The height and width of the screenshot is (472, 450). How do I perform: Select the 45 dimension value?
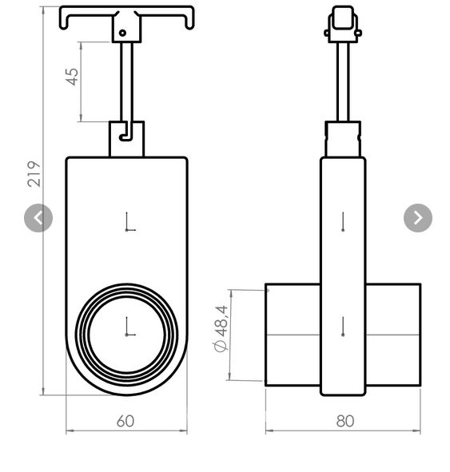(x=73, y=77)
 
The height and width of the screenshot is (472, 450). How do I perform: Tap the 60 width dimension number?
(x=125, y=421)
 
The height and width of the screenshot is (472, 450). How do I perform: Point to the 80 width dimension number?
(x=344, y=421)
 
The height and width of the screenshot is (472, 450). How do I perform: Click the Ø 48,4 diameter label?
(x=221, y=328)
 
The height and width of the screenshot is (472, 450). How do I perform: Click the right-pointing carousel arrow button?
(x=417, y=218)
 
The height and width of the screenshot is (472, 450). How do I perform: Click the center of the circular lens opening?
(x=127, y=334)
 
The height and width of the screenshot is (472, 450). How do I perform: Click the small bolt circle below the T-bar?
(x=123, y=34)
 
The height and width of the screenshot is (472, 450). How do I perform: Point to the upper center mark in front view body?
(x=128, y=223)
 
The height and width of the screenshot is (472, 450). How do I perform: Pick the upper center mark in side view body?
(x=343, y=222)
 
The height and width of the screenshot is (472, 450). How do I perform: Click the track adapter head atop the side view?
(x=343, y=24)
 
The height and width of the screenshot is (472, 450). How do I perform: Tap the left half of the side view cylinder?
(x=293, y=335)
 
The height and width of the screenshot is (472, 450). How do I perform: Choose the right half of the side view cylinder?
(x=392, y=335)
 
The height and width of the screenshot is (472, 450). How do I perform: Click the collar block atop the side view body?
(x=343, y=139)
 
